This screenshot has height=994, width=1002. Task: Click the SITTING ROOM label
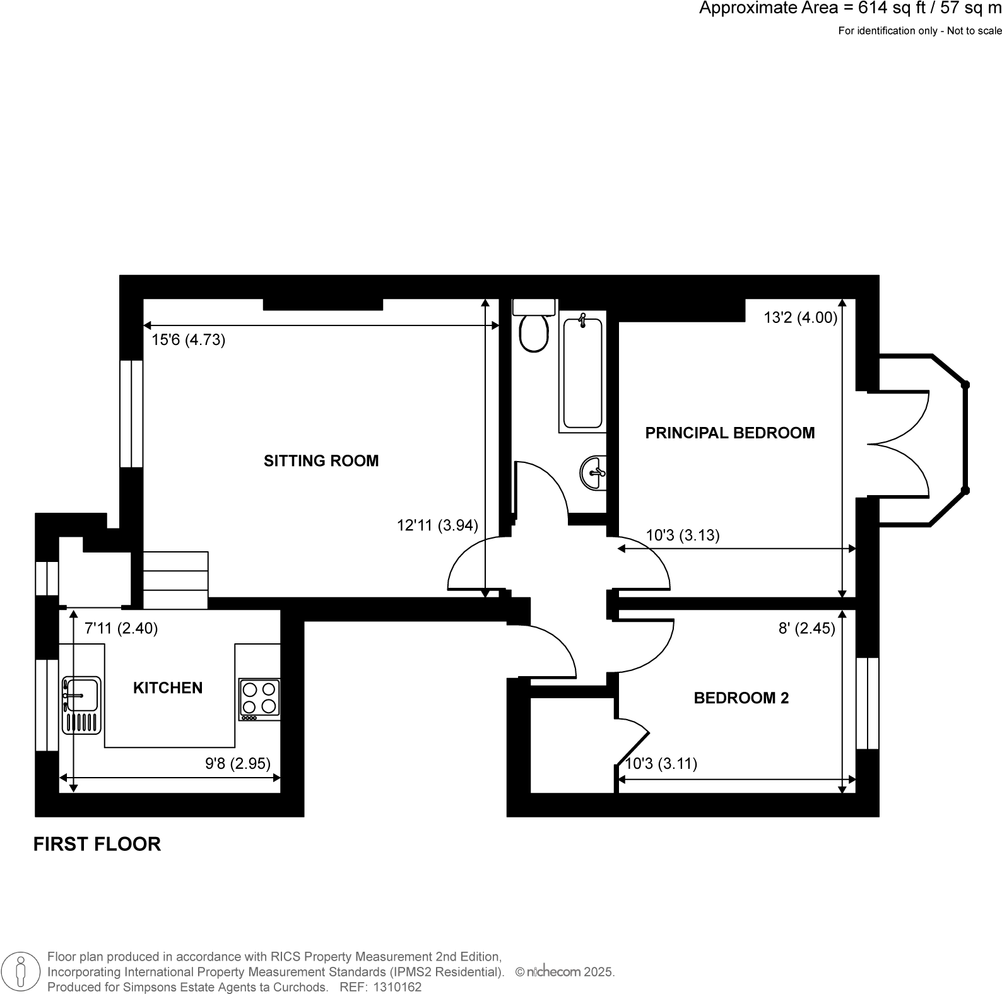pyautogui.click(x=321, y=461)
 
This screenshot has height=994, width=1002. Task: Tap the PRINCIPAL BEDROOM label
pyautogui.click(x=729, y=433)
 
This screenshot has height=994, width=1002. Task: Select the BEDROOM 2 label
pyautogui.click(x=741, y=698)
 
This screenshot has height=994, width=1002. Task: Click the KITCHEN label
pyautogui.click(x=168, y=688)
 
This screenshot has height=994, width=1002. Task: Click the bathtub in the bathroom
pyautogui.click(x=582, y=372)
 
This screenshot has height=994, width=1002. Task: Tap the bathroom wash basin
pyautogui.click(x=594, y=472)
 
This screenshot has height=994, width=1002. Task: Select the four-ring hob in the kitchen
pyautogui.click(x=259, y=699)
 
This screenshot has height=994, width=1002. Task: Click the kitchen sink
pyautogui.click(x=81, y=705)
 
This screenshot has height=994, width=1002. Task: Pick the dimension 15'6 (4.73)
pyautogui.click(x=188, y=341)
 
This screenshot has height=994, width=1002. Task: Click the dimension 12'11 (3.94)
pyautogui.click(x=437, y=525)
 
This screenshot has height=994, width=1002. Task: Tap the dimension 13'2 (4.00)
pyautogui.click(x=800, y=319)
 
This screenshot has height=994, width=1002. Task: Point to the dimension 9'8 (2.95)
pyautogui.click(x=238, y=764)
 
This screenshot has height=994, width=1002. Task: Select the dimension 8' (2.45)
pyautogui.click(x=806, y=628)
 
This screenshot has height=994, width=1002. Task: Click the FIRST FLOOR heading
pyautogui.click(x=97, y=844)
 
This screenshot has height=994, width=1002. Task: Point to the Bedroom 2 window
pyautogui.click(x=868, y=703)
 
